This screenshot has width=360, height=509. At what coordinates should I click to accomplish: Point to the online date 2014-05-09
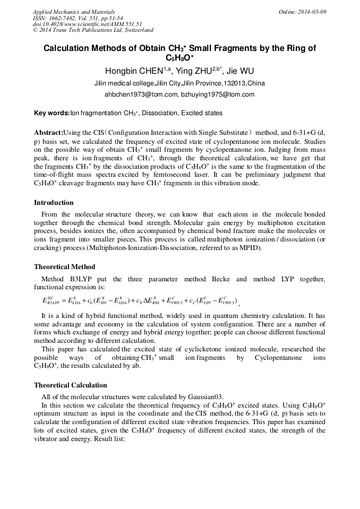pos(312,11)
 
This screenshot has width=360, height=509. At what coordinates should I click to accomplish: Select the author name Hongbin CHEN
pos(133,71)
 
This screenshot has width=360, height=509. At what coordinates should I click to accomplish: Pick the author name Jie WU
pos(237,71)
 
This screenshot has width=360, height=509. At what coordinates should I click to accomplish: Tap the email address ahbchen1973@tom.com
pos(141,94)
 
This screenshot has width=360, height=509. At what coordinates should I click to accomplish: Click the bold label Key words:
pos(52,113)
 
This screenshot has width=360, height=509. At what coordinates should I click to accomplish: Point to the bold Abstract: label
pos(48,132)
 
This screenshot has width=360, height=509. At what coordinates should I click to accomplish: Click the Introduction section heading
pos(54,203)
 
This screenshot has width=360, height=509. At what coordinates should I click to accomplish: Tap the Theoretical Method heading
pos(64,267)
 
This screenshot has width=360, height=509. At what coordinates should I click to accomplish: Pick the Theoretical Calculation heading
pos(70,385)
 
